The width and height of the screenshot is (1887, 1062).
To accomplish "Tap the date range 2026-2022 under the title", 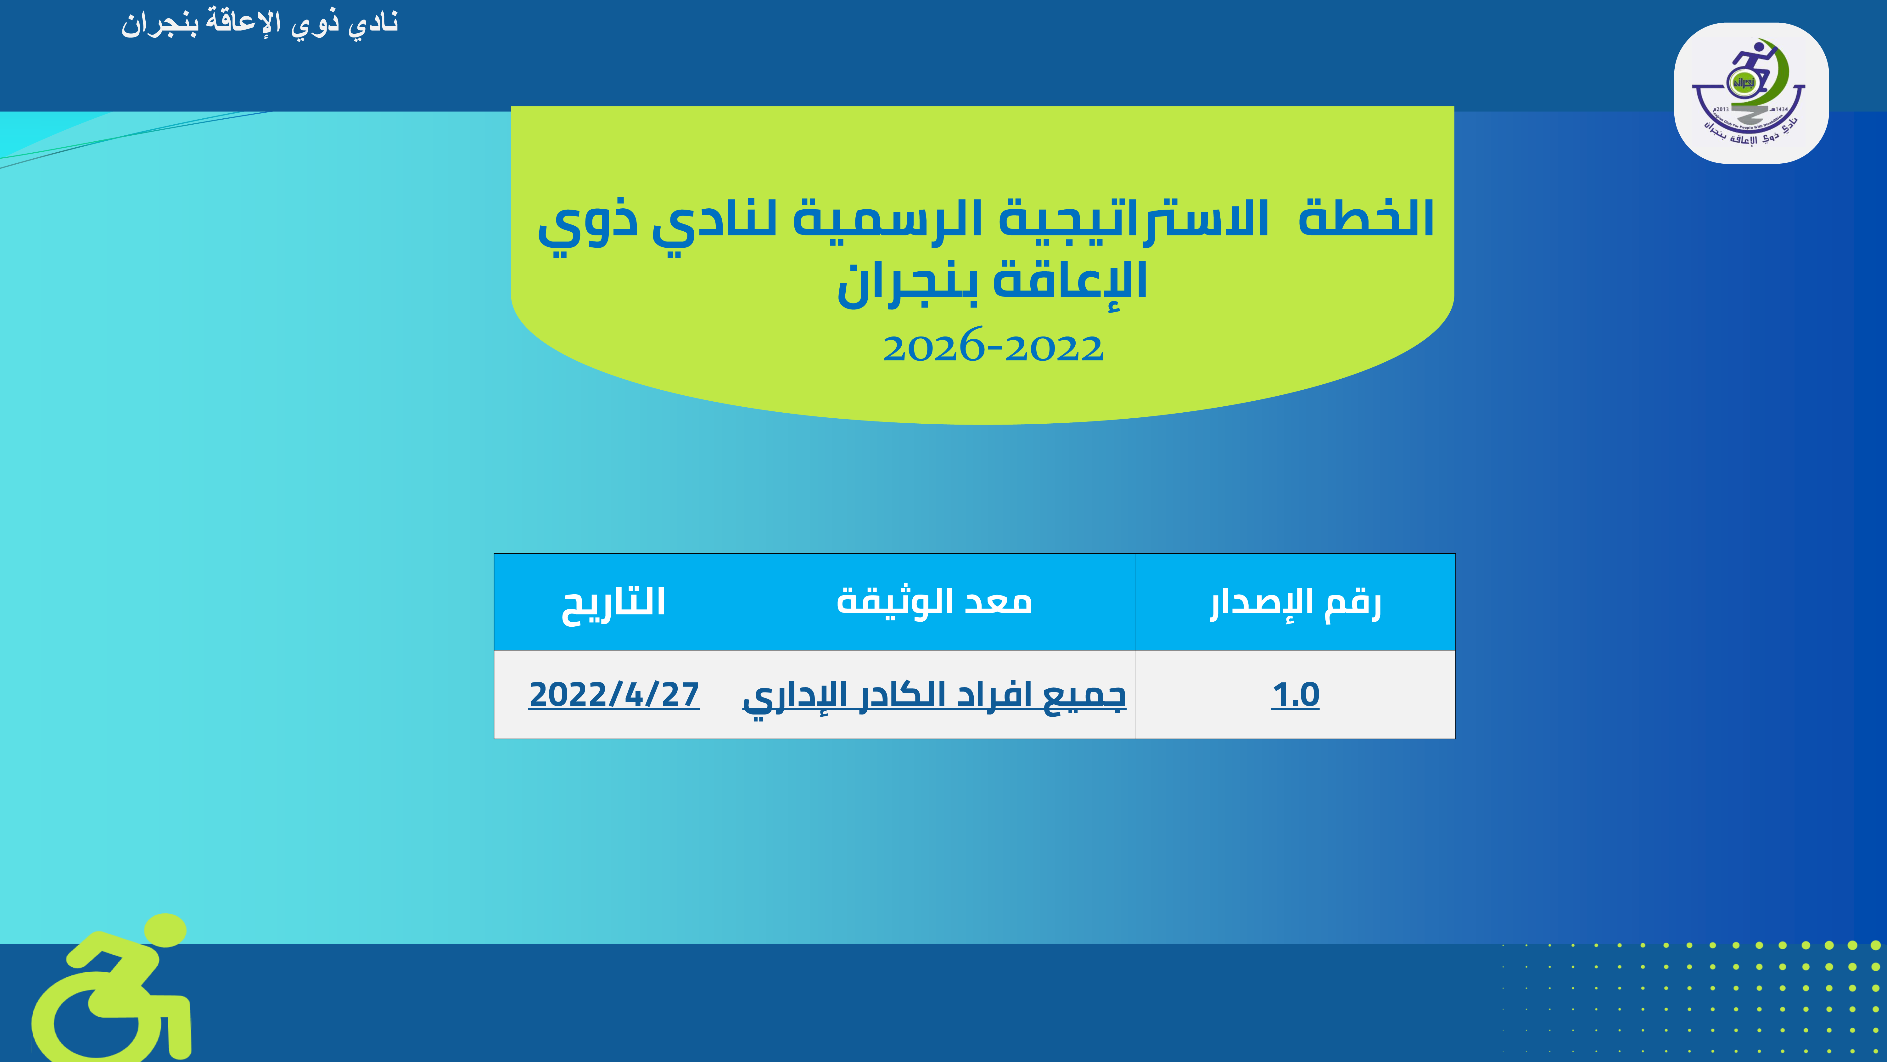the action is [x=993, y=347].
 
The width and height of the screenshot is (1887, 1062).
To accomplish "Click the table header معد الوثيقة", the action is [x=934, y=601].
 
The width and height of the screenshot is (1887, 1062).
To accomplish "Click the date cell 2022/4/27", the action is [x=614, y=694].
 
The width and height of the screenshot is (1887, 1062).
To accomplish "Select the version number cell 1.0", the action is [x=1295, y=694].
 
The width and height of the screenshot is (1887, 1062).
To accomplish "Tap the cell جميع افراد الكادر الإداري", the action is [x=934, y=696].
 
